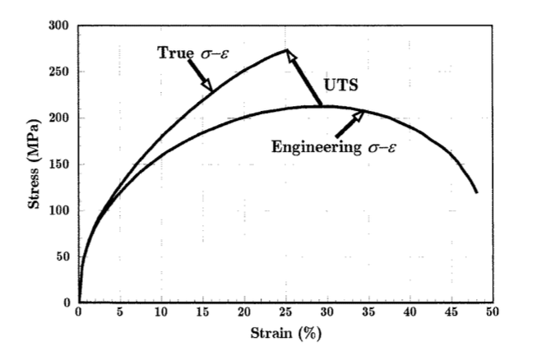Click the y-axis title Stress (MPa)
(35, 164)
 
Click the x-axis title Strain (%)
(284, 335)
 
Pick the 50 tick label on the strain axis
(492, 313)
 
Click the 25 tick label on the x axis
(284, 313)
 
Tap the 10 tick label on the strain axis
(161, 313)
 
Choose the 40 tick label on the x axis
(409, 313)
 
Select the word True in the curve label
(173, 53)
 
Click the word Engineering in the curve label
(315, 147)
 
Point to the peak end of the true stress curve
(287, 49)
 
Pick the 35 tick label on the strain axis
(368, 313)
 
